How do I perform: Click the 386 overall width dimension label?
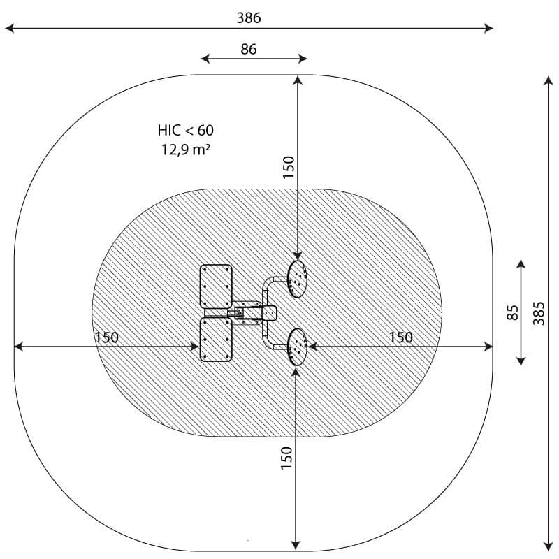[249, 18]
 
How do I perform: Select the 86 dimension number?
[249, 49]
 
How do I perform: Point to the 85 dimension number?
[513, 312]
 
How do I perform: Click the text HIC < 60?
[186, 131]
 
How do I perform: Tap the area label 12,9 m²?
[186, 149]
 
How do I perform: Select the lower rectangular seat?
[216, 340]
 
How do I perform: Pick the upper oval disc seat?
[297, 279]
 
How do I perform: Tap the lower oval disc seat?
[297, 347]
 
